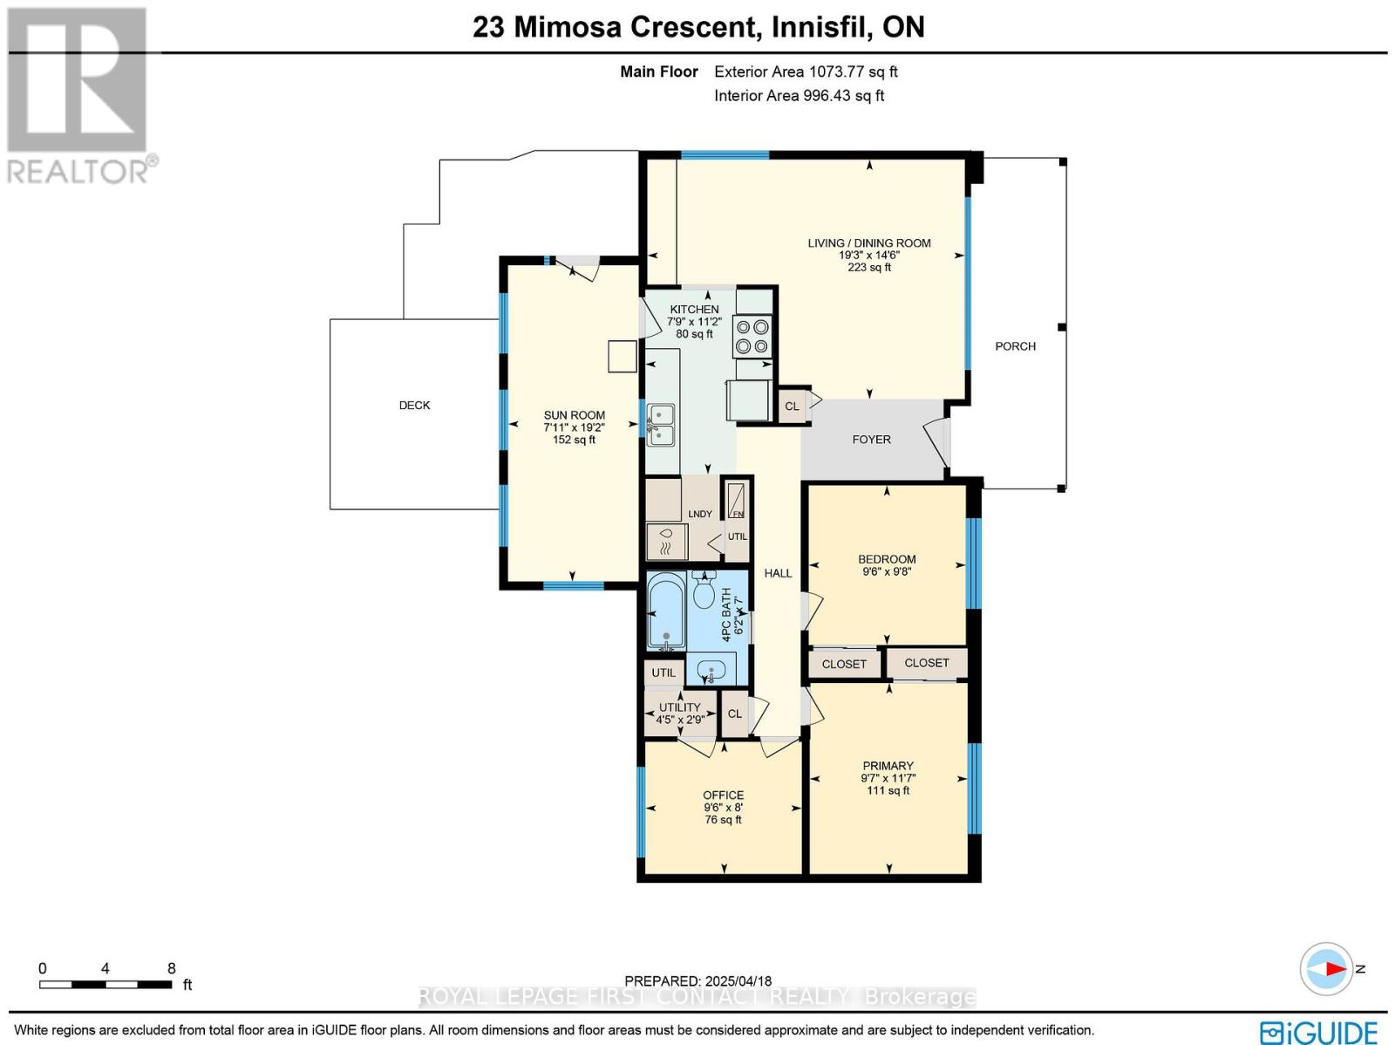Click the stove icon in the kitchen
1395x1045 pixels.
(x=752, y=337)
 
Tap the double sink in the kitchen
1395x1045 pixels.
(x=660, y=425)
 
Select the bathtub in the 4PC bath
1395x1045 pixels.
(x=666, y=611)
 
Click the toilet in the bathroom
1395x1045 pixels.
(x=704, y=591)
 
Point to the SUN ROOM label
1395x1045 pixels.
(x=574, y=416)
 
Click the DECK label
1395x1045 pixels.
(x=414, y=406)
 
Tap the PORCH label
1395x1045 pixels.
(x=1015, y=346)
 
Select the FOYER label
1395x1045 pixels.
(x=871, y=440)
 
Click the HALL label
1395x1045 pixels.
(x=778, y=573)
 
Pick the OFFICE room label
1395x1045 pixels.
(x=723, y=795)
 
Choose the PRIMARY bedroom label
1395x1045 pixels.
(x=888, y=766)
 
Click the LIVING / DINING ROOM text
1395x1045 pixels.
(x=868, y=243)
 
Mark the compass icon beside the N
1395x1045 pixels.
(x=1326, y=969)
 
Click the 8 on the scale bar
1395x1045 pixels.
(x=172, y=968)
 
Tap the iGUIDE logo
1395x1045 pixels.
(x=1318, y=1032)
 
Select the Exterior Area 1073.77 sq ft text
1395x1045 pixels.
(x=806, y=72)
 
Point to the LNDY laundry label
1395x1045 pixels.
(x=699, y=514)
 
